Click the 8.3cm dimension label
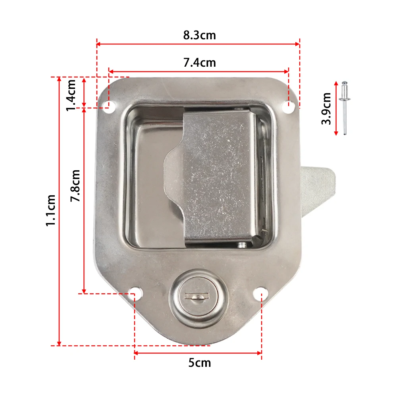(200, 35)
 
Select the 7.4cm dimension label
(200, 63)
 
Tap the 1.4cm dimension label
(71, 95)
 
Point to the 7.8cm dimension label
(75, 185)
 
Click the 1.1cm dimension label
(51, 210)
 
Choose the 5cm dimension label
(200, 363)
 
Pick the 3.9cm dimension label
(326, 109)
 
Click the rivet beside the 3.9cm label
(345, 108)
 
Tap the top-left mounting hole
(110, 106)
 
